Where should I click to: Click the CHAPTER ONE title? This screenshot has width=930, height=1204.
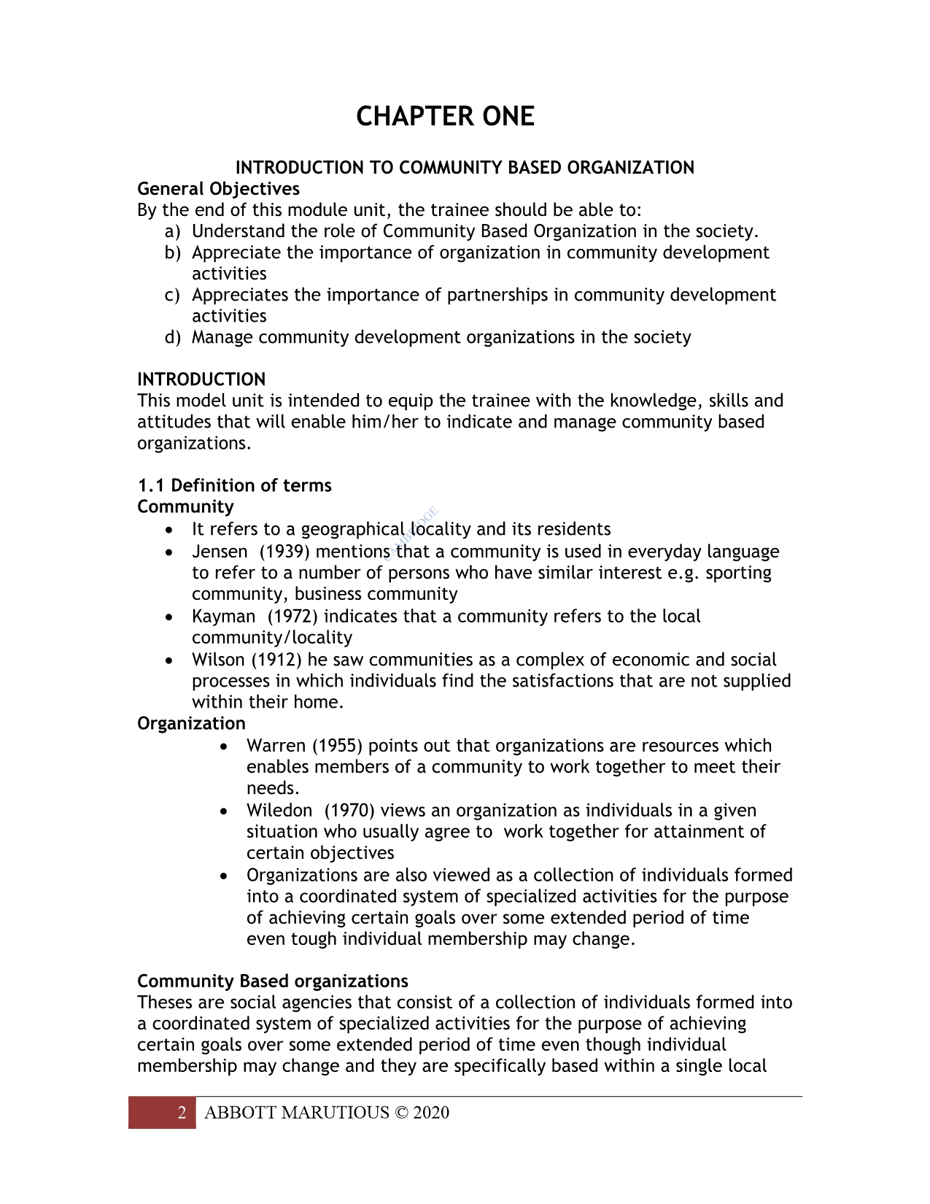pyautogui.click(x=445, y=117)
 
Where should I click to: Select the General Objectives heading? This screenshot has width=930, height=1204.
pyautogui.click(x=218, y=189)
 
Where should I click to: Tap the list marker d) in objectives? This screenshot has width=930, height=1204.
pyautogui.click(x=172, y=337)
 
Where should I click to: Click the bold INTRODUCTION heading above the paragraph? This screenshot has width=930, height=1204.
pyautogui.click(x=201, y=379)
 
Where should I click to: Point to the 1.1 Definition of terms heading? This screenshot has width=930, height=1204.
pyautogui.click(x=234, y=485)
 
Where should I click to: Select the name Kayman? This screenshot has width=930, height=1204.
pyautogui.click(x=223, y=617)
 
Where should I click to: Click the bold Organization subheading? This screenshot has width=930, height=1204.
pyautogui.click(x=191, y=724)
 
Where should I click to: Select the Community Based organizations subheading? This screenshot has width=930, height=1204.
pyautogui.click(x=272, y=981)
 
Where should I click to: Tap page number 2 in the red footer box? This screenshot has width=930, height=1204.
pyautogui.click(x=182, y=1113)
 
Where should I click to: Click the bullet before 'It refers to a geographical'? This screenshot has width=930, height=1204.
pyautogui.click(x=170, y=530)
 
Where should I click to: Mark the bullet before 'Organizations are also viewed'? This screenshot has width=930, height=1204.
pyautogui.click(x=225, y=876)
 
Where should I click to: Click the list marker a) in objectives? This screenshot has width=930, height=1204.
pyautogui.click(x=172, y=231)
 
